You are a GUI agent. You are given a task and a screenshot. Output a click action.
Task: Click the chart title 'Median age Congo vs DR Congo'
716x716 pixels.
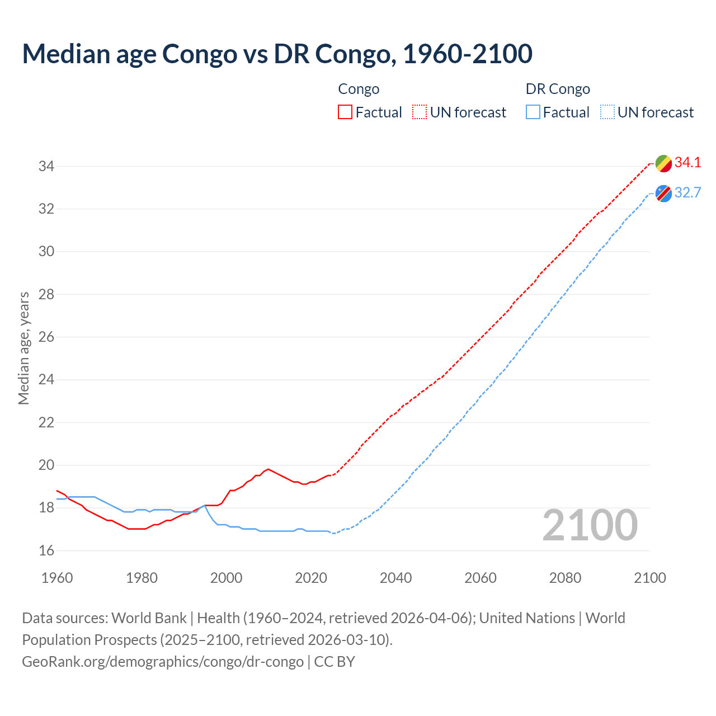click(277, 54)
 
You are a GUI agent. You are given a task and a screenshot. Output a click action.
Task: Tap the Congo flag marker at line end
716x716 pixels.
click(663, 163)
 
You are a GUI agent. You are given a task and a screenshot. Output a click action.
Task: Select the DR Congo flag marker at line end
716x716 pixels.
click(663, 194)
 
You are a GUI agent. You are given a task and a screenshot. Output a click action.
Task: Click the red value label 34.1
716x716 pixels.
click(687, 163)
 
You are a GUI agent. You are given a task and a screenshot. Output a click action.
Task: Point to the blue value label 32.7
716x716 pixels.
click(687, 193)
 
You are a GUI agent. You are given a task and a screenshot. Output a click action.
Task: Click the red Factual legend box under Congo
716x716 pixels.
click(345, 112)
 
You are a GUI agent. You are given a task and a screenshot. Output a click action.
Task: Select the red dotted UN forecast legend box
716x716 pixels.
click(420, 112)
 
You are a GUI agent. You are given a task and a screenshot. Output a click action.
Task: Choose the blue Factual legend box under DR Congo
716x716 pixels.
click(533, 112)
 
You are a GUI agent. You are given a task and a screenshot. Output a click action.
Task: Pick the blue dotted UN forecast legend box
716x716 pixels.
click(607, 112)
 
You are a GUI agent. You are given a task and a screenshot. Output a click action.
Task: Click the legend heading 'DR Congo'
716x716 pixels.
click(558, 89)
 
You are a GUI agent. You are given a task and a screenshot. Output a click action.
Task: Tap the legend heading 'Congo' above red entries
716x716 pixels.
click(359, 89)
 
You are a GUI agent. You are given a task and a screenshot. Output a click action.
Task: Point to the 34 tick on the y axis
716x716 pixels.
click(46, 166)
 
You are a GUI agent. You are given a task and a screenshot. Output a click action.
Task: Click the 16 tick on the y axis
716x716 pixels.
click(46, 550)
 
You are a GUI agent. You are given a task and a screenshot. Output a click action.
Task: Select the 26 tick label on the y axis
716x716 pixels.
click(46, 337)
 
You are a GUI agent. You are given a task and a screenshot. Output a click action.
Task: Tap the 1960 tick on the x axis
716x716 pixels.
click(57, 578)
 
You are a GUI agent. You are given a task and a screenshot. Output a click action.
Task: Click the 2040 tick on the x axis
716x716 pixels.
click(395, 578)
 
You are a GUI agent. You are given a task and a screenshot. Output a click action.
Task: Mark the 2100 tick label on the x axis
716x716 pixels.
click(649, 578)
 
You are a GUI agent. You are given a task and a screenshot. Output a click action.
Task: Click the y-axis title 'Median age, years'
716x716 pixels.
click(23, 348)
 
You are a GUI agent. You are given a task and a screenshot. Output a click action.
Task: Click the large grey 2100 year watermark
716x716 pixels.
click(590, 525)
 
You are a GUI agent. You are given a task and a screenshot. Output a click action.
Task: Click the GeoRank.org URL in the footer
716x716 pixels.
click(163, 662)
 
